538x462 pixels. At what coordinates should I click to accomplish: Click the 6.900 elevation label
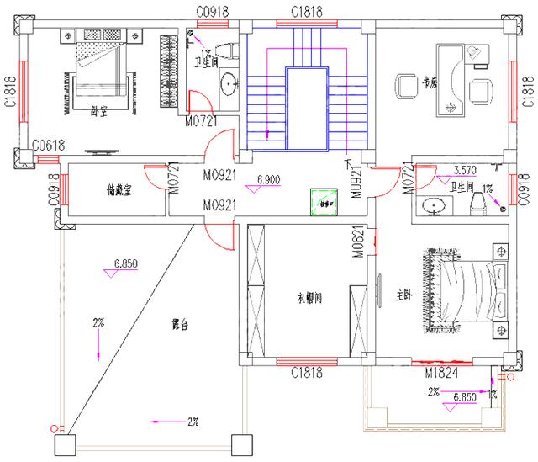[267, 179]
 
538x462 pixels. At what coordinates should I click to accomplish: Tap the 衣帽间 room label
[310, 297]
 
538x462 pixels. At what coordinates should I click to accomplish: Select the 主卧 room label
[404, 295]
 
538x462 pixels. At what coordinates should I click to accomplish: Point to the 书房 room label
[430, 83]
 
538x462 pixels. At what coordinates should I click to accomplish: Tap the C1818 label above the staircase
[307, 10]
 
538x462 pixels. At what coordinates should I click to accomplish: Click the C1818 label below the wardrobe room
[308, 373]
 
